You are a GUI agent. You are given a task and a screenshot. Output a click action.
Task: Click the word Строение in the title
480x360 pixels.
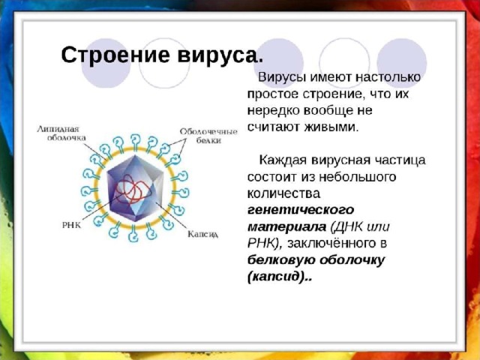click(x=115, y=55)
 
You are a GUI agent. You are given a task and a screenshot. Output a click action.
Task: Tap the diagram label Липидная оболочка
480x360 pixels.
click(x=61, y=133)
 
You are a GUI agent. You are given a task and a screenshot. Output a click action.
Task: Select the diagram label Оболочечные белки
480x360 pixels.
click(x=208, y=136)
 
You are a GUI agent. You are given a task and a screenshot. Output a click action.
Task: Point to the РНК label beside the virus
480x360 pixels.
click(x=71, y=225)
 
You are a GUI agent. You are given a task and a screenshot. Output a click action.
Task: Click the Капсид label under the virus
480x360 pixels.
click(x=203, y=235)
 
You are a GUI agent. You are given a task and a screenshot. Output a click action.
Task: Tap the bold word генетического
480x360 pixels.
click(x=301, y=210)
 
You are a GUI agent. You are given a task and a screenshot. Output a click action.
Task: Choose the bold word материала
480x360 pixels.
click(x=286, y=226)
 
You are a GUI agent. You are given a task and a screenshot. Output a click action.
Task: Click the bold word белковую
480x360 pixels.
click(x=281, y=260)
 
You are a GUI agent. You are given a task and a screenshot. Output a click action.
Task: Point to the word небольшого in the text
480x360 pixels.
click(x=358, y=177)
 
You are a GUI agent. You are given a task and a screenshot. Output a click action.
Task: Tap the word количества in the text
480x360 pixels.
click(x=283, y=193)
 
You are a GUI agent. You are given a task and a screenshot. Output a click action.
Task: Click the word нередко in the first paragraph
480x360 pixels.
click(x=273, y=110)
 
